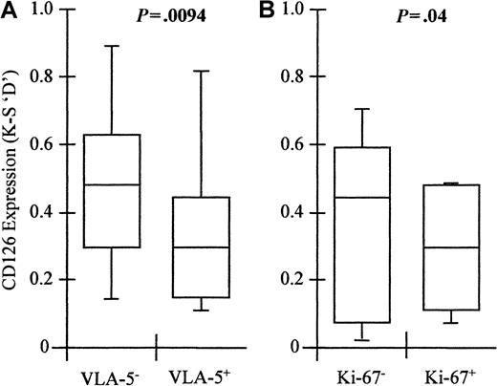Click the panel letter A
pos(9,9)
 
